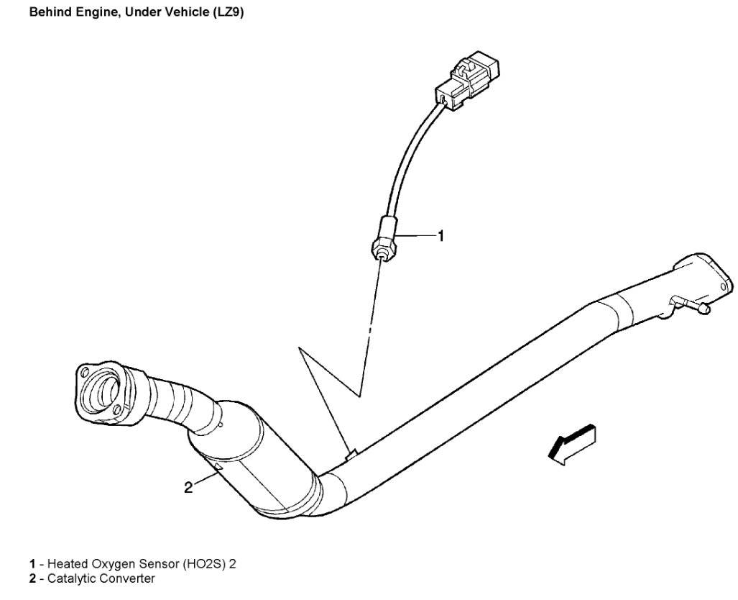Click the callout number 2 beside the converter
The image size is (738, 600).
(x=188, y=487)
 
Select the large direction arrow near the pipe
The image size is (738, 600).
(x=571, y=442)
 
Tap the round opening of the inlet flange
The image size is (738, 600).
(x=100, y=391)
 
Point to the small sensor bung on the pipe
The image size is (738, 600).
(x=351, y=454)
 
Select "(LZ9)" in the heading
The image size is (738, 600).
(x=226, y=12)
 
